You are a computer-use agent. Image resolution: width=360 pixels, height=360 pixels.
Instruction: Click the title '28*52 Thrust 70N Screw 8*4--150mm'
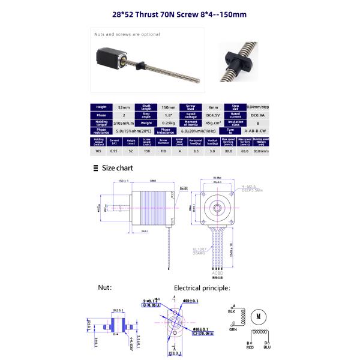point(180,14)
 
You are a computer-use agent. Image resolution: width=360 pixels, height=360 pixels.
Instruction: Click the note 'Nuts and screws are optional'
point(127,35)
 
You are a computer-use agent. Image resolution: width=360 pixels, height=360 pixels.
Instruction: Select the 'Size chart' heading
point(117,168)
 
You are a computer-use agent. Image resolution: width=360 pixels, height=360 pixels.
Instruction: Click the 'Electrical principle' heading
point(202,287)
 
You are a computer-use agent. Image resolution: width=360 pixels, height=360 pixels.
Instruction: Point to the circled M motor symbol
point(259,316)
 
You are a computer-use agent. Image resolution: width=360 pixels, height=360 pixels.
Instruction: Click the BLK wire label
point(232,311)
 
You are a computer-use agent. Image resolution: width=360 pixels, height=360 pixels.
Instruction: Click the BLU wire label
point(266,347)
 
